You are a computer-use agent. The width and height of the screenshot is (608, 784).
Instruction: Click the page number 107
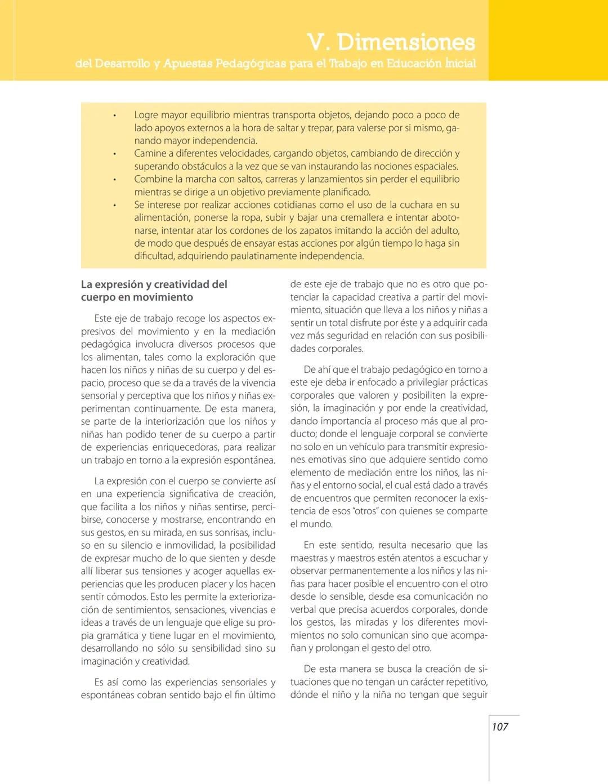[x=500, y=727]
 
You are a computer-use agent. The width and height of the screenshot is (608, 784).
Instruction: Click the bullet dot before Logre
[x=114, y=115]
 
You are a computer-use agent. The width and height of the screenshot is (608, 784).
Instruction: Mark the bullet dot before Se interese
[x=114, y=205]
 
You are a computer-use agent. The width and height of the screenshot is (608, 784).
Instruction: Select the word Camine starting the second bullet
[x=151, y=153]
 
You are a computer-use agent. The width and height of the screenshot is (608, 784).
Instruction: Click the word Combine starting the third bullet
[x=154, y=179]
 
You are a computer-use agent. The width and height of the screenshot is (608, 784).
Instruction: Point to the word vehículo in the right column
[x=358, y=447]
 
